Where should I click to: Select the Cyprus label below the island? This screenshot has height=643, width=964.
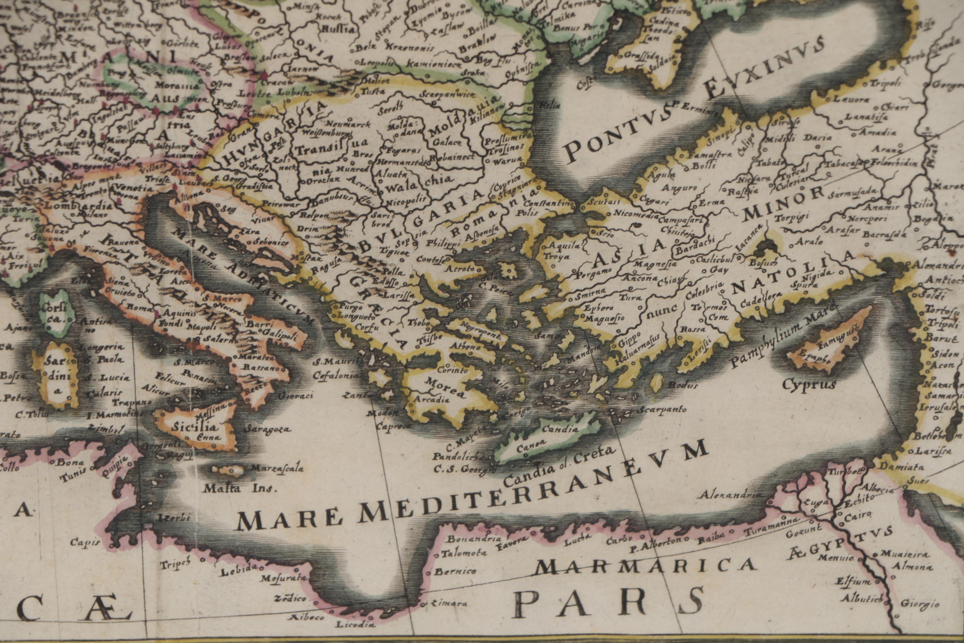pos(808,385)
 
